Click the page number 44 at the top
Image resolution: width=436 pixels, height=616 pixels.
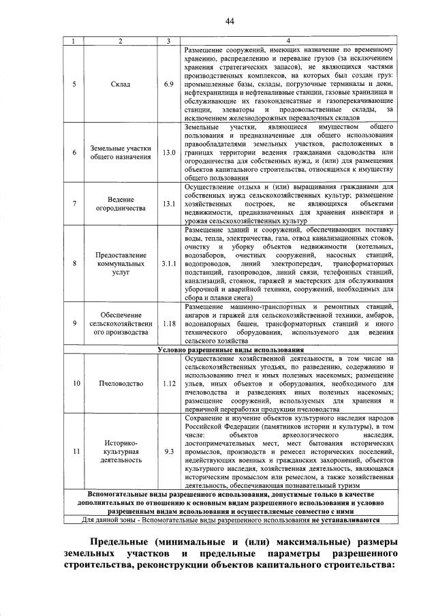point(230,22)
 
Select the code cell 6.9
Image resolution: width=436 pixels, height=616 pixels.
point(169,84)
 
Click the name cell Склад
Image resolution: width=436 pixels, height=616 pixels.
point(120,84)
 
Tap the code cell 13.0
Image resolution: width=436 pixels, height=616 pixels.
point(169,152)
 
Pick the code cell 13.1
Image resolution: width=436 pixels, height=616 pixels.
point(169,204)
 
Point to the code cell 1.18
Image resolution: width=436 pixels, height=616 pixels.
point(169,324)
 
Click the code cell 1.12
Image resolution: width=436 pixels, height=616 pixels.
point(169,384)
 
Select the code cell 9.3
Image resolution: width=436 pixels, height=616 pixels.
point(169,451)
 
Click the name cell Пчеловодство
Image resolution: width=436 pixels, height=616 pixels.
point(120,384)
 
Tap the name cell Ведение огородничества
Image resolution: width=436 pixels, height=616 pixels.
point(120,204)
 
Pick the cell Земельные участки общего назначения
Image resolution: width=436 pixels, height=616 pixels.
point(120,153)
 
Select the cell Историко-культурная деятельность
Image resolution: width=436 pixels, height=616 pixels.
point(120,451)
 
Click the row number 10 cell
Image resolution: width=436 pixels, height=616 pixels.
point(74,384)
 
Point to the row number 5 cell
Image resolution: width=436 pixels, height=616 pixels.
point(74,84)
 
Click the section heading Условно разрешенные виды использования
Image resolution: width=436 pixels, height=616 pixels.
point(230,350)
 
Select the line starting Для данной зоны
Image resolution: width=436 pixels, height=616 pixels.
point(230,519)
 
